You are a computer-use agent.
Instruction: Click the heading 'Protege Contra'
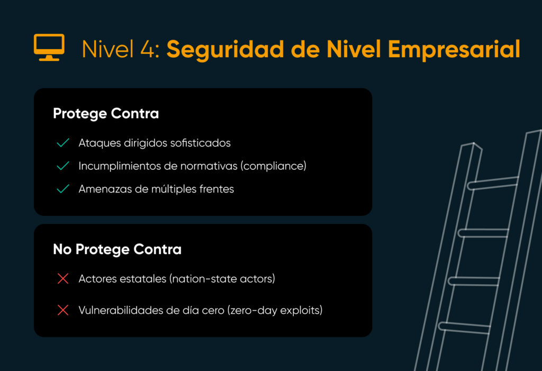[x=106, y=114]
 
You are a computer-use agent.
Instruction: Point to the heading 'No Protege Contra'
[x=117, y=249]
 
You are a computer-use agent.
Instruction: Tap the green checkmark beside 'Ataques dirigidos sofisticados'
[x=62, y=143]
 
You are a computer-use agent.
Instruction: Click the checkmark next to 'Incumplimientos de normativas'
[x=62, y=166]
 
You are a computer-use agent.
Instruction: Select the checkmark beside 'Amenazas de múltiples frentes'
[x=62, y=189]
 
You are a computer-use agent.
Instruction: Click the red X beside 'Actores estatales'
[x=62, y=279]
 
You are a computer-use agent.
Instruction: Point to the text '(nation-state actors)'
[x=222, y=279]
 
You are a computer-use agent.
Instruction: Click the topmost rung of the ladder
[x=493, y=183]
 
